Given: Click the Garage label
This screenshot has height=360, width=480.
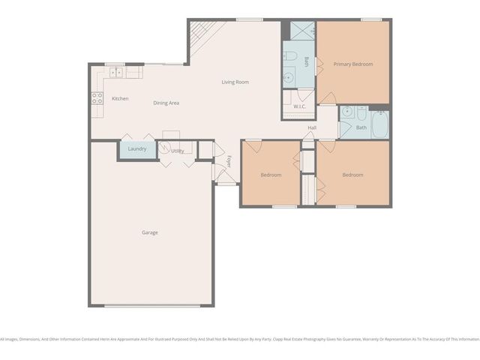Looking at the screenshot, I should tap(150, 232).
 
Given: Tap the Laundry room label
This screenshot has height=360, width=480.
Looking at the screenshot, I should tap(137, 149).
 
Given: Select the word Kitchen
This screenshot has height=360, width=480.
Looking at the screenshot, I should tap(120, 99).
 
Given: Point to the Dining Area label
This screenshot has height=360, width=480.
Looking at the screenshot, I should tap(166, 103).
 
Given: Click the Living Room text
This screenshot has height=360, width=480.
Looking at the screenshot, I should tap(235, 82).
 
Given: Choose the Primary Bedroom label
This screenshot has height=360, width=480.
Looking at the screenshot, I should tap(353, 64).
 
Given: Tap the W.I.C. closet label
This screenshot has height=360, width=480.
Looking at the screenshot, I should tap(298, 106).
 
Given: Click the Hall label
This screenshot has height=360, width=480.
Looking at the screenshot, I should tap(311, 127).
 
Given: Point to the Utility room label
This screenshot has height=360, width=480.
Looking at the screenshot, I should tap(178, 151).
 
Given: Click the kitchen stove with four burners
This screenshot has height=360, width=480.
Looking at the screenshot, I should tap(97, 97).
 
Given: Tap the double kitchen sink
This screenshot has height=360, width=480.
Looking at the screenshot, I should tap(116, 73).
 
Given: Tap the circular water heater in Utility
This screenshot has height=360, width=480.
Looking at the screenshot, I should tap(168, 145).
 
